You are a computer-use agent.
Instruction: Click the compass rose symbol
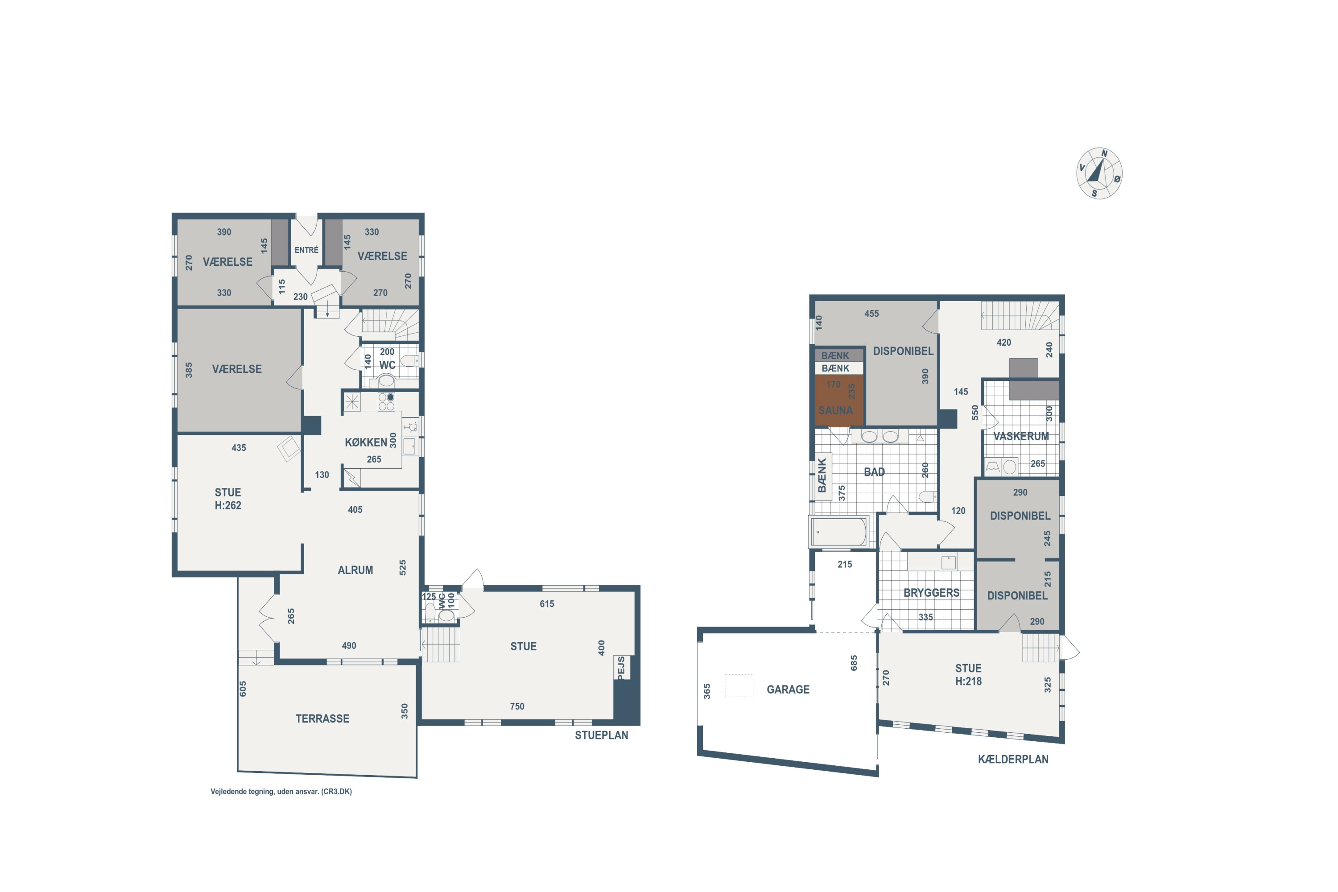point(1099,173)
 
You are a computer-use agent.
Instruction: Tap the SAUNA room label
point(835,410)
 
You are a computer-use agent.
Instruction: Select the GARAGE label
point(788,690)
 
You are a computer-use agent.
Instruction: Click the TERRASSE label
point(322,719)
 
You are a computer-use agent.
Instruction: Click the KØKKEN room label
point(366,442)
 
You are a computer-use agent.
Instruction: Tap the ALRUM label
point(355,570)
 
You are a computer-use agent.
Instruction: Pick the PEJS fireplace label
point(621,667)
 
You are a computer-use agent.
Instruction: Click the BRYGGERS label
point(931,593)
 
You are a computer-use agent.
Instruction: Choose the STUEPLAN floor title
point(601,735)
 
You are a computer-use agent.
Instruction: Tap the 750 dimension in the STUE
point(516,706)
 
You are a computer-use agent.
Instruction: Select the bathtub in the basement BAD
point(838,532)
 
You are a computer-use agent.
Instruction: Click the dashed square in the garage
point(739,686)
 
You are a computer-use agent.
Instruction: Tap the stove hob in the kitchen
point(386,402)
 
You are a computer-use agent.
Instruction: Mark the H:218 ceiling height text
point(968,681)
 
